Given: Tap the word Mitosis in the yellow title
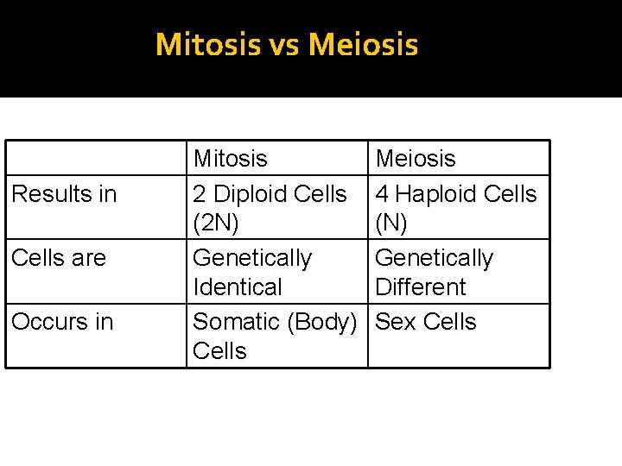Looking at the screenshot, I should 208,44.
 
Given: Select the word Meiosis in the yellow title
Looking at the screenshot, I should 363,44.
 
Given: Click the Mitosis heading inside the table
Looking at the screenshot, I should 231,159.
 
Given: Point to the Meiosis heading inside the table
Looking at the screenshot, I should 416,159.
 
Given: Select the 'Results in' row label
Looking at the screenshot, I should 64,194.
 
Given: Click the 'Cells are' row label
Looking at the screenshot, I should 59,258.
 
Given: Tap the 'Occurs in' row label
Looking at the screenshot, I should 62,322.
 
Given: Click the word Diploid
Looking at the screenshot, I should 257,194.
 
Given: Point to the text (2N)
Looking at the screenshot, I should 216,224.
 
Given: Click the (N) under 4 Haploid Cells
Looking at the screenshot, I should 390,224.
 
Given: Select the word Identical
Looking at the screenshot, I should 238,287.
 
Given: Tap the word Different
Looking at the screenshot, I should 421,287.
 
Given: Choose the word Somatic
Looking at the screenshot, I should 238,322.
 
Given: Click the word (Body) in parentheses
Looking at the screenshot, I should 323,322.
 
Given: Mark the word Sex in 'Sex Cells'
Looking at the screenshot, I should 396,322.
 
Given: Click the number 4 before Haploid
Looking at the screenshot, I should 382,194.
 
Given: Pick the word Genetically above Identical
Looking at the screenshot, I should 252,258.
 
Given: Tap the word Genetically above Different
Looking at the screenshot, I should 435,258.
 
